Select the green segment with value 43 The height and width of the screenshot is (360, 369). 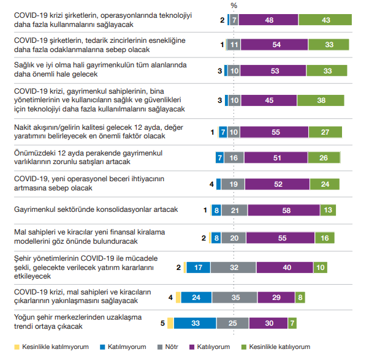tap(325, 20)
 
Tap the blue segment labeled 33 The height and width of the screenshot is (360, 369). tap(196, 323)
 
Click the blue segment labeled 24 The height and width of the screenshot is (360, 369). tap(196, 297)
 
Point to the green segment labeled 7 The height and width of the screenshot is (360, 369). tap(293, 323)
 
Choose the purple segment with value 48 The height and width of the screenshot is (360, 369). tap(268, 20)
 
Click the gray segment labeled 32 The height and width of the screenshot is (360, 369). tap(233, 268)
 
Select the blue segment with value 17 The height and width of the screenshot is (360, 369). tap(197, 268)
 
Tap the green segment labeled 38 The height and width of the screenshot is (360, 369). tap(321, 99)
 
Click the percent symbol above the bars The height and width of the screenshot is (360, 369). tap(234, 5)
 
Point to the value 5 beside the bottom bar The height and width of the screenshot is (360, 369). tap(162, 323)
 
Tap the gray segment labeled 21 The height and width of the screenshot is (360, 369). tap(235, 210)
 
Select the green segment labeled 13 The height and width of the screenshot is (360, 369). tap(327, 210)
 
